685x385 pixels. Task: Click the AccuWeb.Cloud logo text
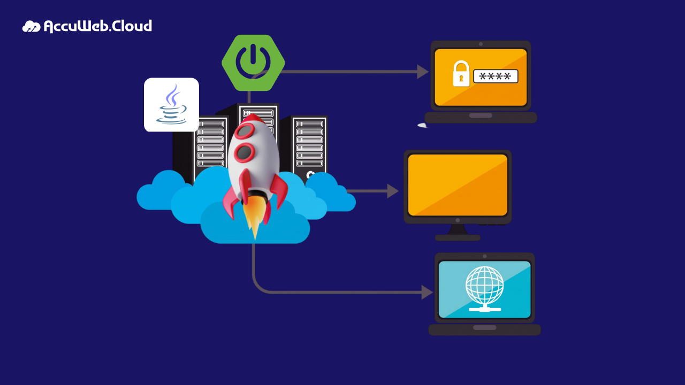(97, 26)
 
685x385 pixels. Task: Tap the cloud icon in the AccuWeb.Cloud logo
(31, 26)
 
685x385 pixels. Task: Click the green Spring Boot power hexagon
(253, 63)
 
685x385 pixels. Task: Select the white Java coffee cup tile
(171, 105)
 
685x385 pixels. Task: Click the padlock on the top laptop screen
(461, 74)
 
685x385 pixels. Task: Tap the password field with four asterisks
(496, 76)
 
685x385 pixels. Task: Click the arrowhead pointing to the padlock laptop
(423, 72)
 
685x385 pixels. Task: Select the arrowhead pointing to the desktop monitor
(393, 191)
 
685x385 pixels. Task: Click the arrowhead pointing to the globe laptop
(427, 292)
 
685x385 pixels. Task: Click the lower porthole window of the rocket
(244, 152)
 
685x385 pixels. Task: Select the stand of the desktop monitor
(458, 233)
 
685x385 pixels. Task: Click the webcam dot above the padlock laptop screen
(481, 44)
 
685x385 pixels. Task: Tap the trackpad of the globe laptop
(484, 327)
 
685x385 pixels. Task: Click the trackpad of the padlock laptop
(481, 115)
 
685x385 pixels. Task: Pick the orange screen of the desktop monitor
(458, 185)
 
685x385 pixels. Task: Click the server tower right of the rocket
(309, 144)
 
